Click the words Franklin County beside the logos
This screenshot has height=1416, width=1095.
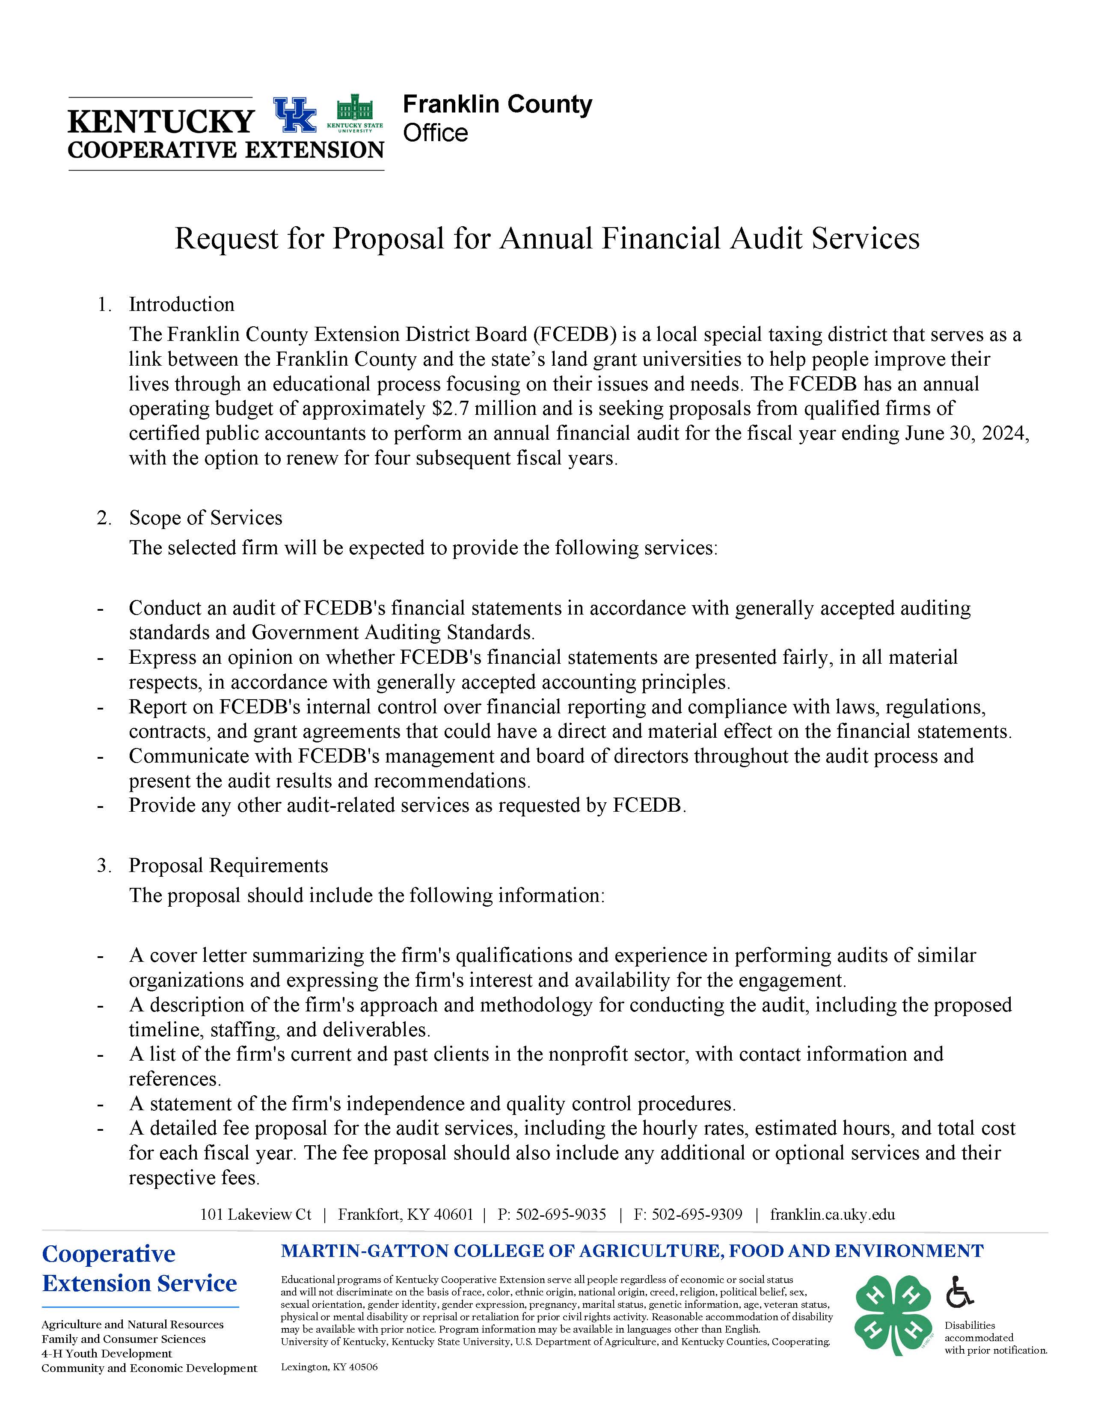497,104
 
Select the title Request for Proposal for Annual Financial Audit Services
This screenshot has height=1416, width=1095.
547,239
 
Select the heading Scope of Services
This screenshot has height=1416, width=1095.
206,517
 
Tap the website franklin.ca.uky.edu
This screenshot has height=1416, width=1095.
832,1215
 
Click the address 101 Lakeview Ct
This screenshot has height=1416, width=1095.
255,1215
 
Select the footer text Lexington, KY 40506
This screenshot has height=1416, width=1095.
329,1367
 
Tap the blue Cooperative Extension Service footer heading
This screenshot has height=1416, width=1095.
139,1269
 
